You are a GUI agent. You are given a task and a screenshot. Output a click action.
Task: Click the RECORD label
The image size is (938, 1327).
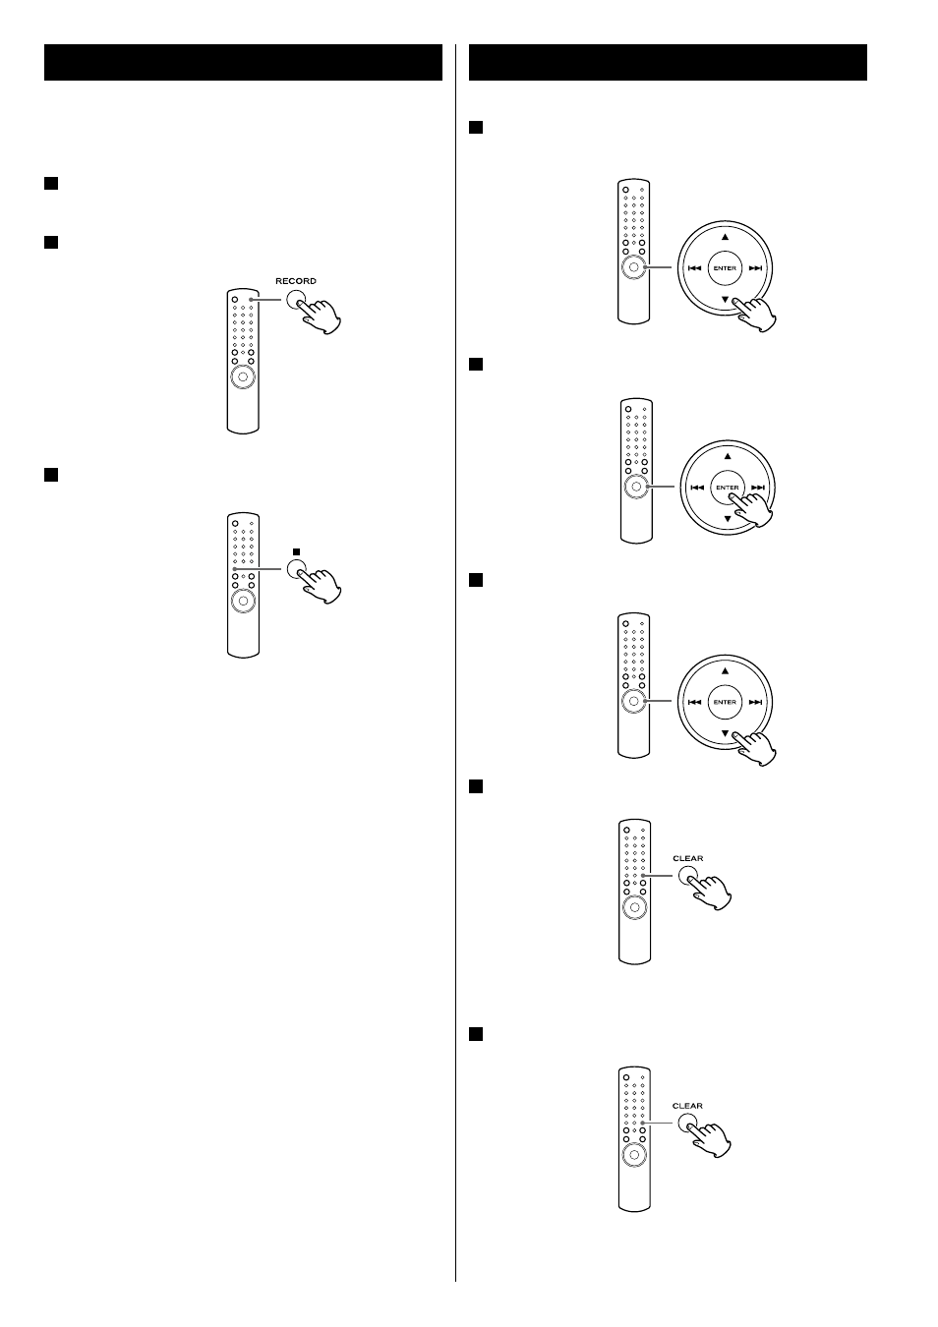coord(296,281)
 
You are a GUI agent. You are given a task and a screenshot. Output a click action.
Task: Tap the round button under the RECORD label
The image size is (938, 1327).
coord(296,301)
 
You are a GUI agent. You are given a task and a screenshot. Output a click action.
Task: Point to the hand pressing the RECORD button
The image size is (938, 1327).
coord(319,317)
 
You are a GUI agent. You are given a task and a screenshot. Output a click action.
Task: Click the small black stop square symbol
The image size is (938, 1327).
coord(296,551)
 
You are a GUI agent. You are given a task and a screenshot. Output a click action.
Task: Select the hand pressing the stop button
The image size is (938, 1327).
coord(320,586)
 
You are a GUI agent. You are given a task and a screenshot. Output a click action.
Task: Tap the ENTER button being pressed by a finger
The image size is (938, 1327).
coord(728,488)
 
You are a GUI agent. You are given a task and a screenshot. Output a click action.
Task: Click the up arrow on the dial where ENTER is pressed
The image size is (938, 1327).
coord(728,456)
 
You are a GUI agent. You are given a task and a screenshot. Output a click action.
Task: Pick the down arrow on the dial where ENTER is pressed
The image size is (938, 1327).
coord(728,519)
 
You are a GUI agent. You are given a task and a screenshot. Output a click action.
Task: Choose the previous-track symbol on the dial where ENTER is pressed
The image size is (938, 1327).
coord(697,488)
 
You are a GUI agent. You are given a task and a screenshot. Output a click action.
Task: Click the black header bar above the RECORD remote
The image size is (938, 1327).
coord(243,62)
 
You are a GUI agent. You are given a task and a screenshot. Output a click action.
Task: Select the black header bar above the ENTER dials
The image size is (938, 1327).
coord(668,62)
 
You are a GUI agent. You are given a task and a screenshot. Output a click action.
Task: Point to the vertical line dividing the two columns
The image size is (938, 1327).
coord(455,663)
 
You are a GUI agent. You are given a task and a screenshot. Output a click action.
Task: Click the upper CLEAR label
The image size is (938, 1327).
coord(688,858)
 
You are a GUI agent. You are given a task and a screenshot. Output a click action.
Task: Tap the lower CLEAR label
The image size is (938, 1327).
coord(687,1106)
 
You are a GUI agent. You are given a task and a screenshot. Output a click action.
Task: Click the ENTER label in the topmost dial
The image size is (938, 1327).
coord(725,268)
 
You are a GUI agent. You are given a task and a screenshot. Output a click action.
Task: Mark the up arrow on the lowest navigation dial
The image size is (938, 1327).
coord(725,671)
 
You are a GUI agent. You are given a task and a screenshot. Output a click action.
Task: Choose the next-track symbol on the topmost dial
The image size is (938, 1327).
coord(755,268)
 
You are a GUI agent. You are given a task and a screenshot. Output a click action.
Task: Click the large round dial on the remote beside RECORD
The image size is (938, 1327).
coord(243,376)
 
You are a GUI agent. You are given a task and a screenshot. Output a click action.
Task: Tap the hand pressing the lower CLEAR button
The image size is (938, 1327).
coord(709,1139)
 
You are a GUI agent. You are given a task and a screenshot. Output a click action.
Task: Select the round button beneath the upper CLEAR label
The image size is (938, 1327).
coord(687,876)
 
